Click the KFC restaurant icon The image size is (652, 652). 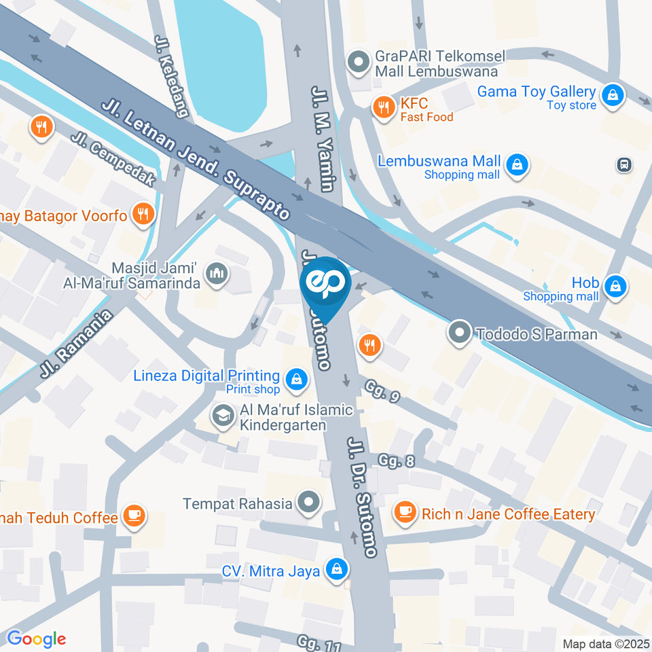[x=384, y=107]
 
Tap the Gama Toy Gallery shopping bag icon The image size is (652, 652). [x=613, y=96]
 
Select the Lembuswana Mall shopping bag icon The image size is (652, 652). [x=518, y=165]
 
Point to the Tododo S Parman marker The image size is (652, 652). [x=460, y=333]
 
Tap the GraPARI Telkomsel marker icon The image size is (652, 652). [x=357, y=63]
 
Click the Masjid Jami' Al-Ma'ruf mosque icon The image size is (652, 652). [x=217, y=274]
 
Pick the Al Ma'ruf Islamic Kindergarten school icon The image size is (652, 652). [x=222, y=416]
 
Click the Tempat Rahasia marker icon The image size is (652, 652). [x=310, y=503]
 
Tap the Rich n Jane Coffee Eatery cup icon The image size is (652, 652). [x=405, y=513]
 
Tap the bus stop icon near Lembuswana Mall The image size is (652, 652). [x=622, y=164]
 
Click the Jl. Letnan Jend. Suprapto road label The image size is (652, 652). [x=197, y=159]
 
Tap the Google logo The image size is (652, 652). [x=36, y=638]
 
